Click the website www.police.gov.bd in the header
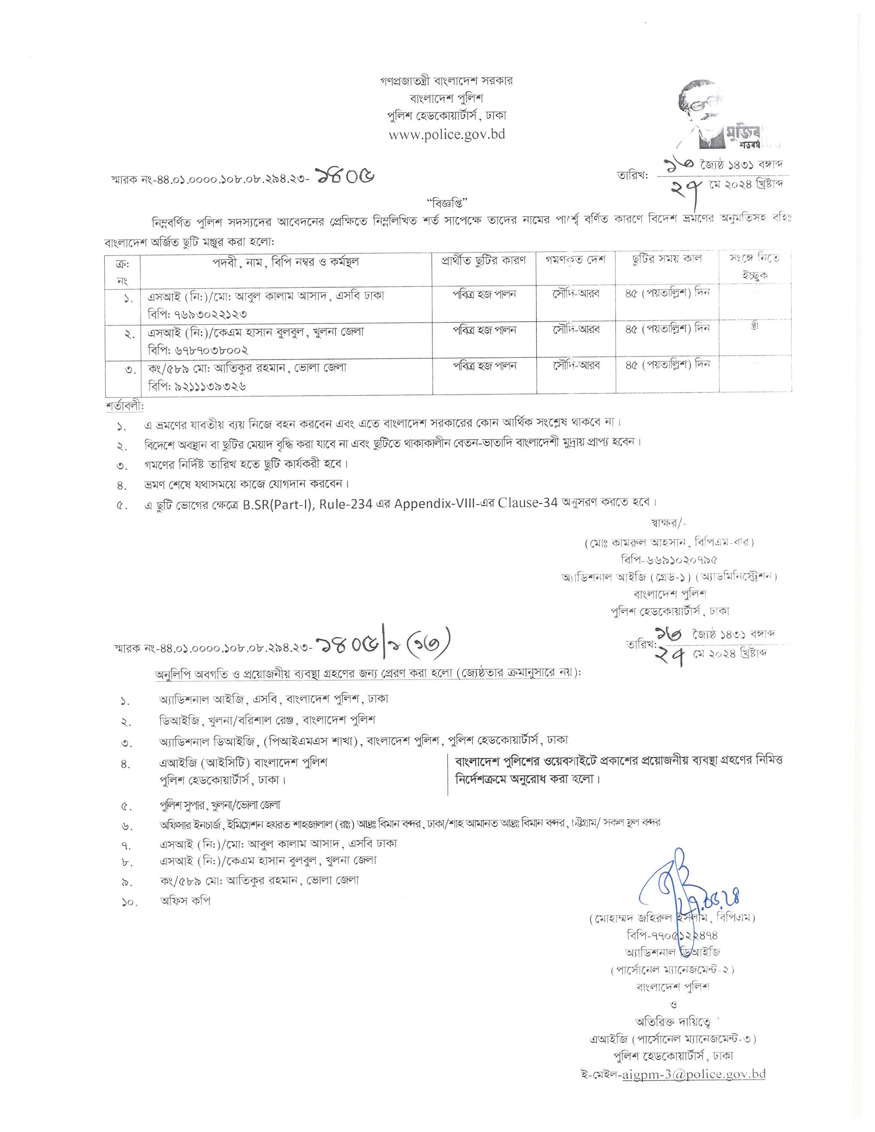click(447, 134)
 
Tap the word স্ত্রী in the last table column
click(755, 328)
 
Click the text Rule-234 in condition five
click(346, 504)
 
